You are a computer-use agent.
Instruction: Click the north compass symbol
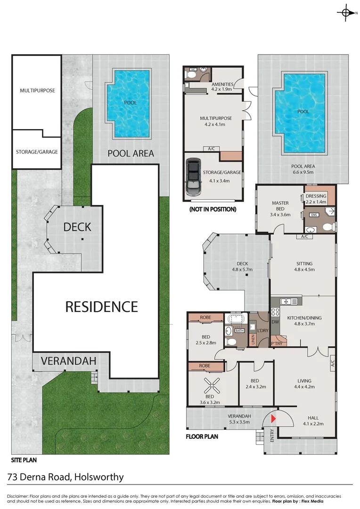click(346, 13)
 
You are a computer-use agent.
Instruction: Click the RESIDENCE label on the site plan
click(101, 307)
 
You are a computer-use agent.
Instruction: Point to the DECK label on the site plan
click(77, 227)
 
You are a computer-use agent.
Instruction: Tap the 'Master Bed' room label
click(280, 206)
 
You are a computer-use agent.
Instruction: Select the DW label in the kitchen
click(275, 322)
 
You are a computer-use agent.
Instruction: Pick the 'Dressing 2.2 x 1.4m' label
click(316, 199)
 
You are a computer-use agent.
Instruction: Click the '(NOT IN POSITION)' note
click(212, 209)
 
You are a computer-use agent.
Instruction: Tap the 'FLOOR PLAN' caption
click(202, 436)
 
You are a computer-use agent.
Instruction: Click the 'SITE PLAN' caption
click(24, 460)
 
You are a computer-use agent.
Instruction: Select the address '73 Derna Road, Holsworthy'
click(65, 477)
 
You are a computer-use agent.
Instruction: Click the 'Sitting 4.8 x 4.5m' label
click(304, 267)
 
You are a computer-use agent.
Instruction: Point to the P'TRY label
click(276, 344)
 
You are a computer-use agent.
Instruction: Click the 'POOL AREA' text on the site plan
click(131, 153)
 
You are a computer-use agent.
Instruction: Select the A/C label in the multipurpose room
click(211, 149)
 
